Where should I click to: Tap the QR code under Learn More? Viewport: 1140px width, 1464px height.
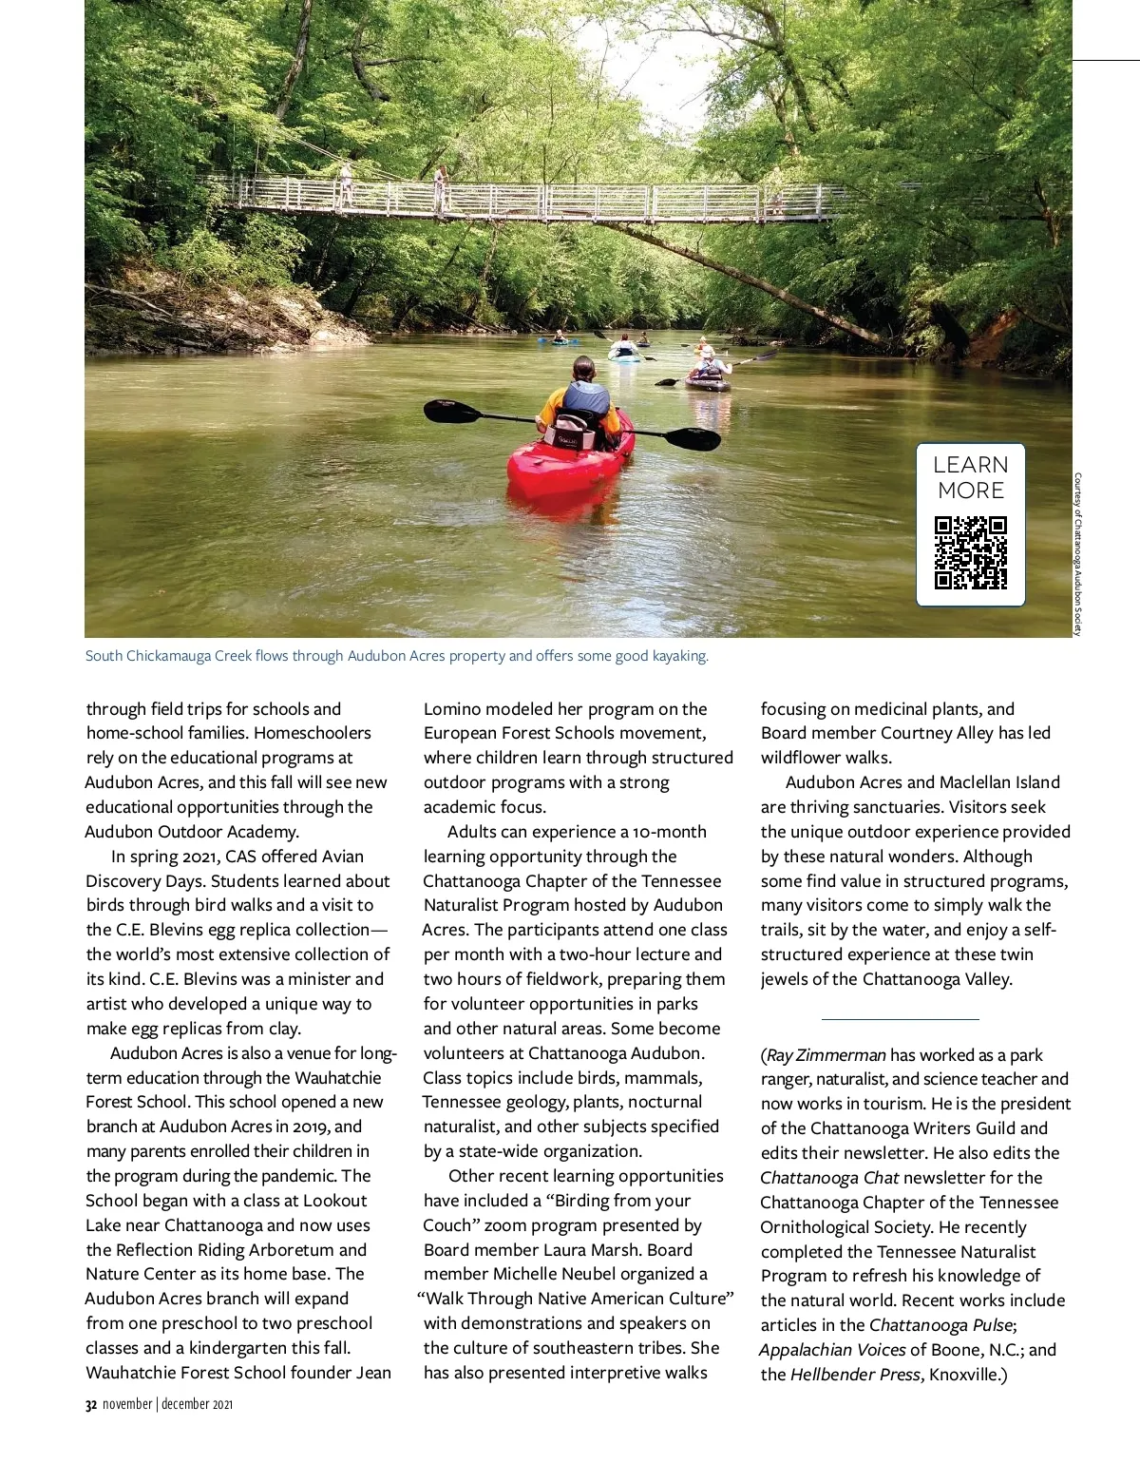970,553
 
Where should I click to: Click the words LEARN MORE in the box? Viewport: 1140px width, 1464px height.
970,477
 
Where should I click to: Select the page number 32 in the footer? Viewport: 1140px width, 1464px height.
91,1404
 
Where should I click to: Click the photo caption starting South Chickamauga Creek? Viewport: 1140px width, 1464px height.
397,656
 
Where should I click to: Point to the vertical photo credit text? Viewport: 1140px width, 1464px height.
1078,554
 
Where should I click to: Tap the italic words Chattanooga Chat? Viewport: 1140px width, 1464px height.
829,1178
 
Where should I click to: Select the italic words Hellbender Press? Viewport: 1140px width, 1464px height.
856,1375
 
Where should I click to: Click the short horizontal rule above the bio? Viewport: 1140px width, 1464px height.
900,1019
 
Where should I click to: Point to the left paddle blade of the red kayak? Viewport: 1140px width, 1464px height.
453,411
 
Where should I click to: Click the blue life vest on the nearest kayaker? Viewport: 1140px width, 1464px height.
586,397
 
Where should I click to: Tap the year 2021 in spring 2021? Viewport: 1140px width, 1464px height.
200,857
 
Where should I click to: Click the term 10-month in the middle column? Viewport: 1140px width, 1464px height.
669,832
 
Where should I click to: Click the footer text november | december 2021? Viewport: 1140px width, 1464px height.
167,1404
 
